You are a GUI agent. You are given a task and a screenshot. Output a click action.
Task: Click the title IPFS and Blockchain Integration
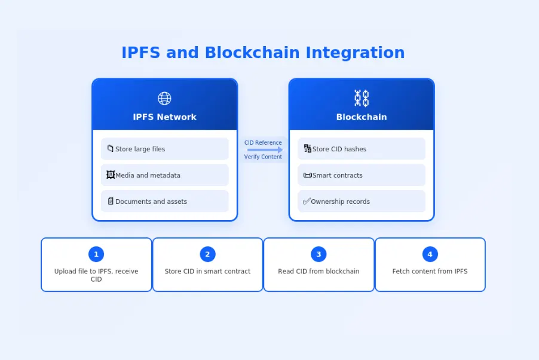tap(263, 53)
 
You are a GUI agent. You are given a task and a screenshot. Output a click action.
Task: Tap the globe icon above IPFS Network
tap(164, 98)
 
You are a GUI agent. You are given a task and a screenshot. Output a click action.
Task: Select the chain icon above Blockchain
tap(362, 98)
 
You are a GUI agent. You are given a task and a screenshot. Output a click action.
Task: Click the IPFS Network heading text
tap(164, 117)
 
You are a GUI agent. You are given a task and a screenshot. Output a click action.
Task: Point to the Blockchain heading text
tap(362, 117)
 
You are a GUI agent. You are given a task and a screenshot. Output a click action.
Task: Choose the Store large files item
tap(164, 149)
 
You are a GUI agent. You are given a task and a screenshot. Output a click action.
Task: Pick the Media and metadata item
tap(164, 175)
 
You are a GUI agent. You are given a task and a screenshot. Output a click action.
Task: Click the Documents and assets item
tap(164, 202)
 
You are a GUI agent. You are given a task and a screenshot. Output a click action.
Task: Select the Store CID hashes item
tap(362, 149)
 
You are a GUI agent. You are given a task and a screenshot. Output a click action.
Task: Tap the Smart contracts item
tap(362, 175)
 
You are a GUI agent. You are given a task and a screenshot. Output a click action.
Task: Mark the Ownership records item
tap(362, 202)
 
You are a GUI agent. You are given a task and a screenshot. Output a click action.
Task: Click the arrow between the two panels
tap(264, 150)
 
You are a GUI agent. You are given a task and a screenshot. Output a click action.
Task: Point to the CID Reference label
tap(263, 143)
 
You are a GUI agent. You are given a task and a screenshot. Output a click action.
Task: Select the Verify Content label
tap(263, 157)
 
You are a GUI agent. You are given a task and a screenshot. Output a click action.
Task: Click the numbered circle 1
tap(96, 254)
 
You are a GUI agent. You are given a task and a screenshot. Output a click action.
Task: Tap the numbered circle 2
tap(207, 254)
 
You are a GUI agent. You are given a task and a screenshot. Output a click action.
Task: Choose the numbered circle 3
tap(318, 254)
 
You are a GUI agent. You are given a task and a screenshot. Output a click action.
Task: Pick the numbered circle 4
tap(430, 254)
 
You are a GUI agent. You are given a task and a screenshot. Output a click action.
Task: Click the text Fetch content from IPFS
tap(430, 271)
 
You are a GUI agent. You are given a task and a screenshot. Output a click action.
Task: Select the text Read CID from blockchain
tap(318, 271)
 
